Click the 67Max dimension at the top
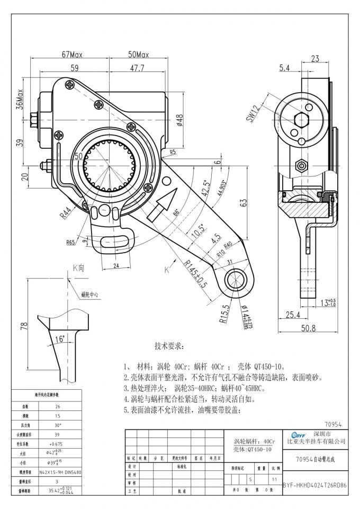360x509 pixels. (73, 55)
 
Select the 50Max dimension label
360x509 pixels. (138, 55)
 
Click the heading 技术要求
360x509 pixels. (169, 346)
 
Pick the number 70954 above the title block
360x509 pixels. (336, 424)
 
